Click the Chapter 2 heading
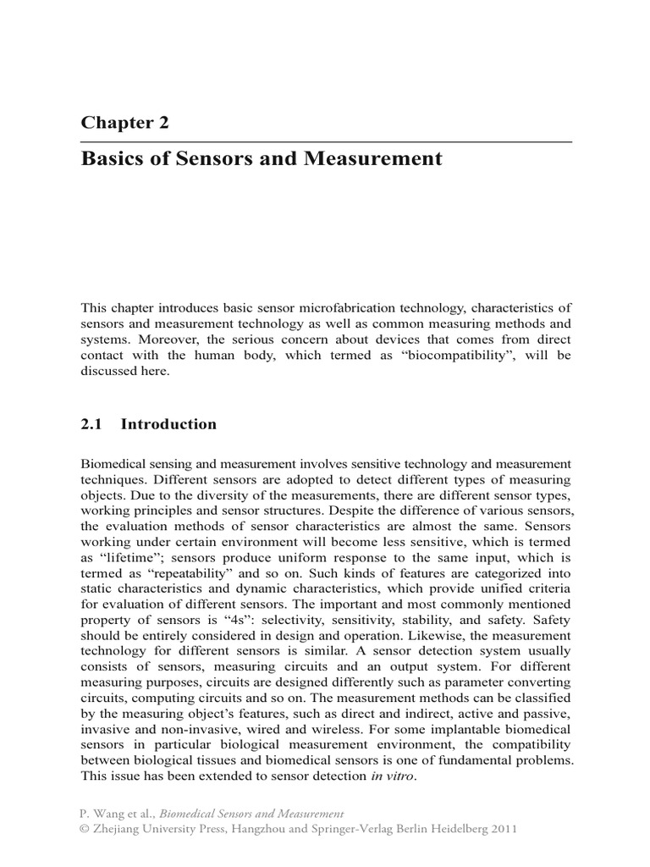[124, 122]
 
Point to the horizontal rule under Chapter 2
[326, 141]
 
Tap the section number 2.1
[91, 424]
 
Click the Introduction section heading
[168, 424]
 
